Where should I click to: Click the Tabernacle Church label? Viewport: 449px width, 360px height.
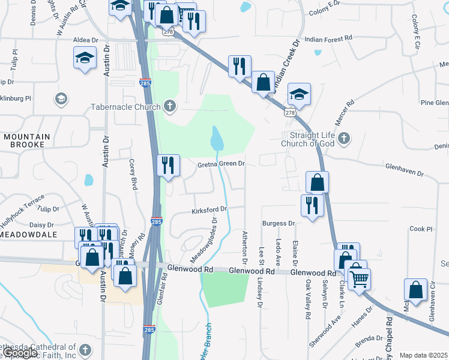[x=125, y=107]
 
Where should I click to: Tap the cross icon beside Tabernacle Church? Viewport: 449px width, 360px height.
[x=170, y=107]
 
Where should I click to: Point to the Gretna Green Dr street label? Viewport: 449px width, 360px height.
[x=221, y=164]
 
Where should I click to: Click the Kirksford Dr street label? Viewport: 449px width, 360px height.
[x=209, y=210]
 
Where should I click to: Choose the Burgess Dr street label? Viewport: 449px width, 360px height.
[x=279, y=223]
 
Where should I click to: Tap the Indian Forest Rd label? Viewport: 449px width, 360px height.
[x=328, y=39]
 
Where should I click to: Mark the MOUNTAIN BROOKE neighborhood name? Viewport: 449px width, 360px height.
[x=24, y=140]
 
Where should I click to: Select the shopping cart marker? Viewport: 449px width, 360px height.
[x=359, y=277]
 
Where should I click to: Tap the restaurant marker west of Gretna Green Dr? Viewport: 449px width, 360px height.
[x=167, y=164]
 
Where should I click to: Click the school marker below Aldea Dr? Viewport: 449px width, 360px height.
[x=85, y=58]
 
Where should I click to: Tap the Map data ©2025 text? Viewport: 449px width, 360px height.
[x=424, y=355]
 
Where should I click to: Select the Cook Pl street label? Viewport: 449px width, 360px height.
[x=421, y=229]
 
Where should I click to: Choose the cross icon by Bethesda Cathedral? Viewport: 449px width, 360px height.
[x=85, y=350]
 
